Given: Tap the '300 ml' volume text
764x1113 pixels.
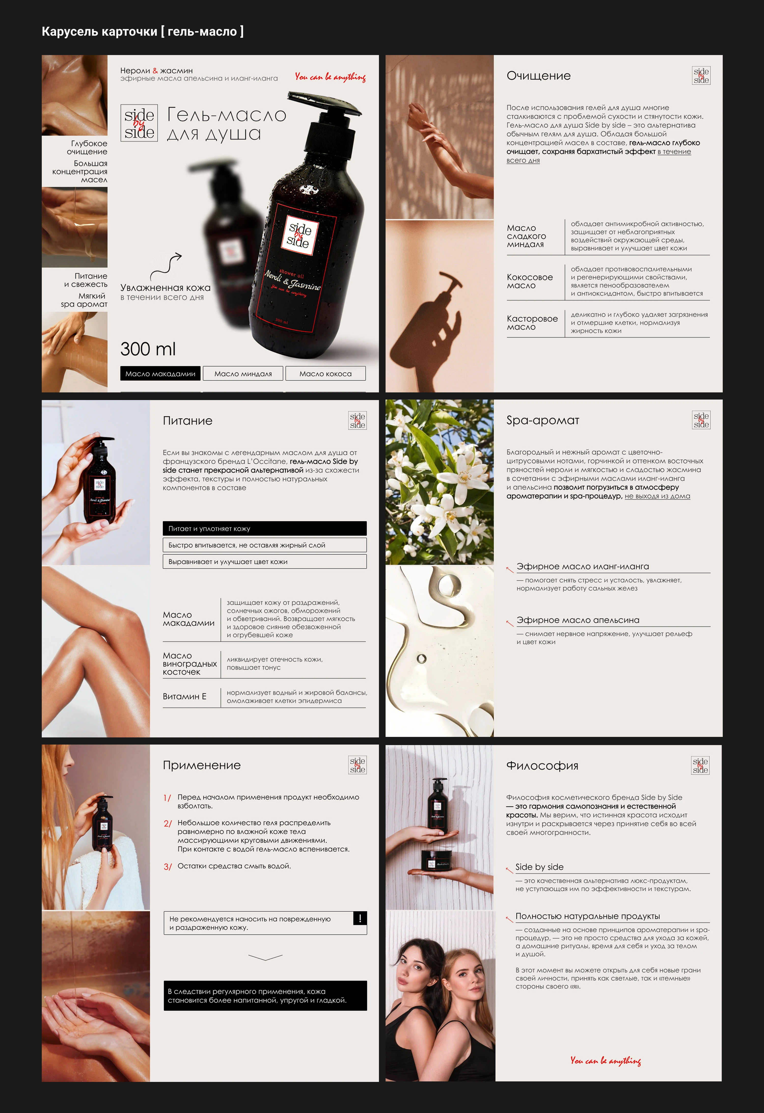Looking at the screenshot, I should [x=148, y=349].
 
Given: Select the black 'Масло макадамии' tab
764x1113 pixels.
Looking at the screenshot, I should [x=160, y=374].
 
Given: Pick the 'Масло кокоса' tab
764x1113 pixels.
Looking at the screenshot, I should [x=325, y=374].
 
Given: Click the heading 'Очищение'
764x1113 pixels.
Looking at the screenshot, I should [x=539, y=76].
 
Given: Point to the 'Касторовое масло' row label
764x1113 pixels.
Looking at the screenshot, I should [x=532, y=323].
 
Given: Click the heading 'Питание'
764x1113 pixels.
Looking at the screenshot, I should [x=187, y=420].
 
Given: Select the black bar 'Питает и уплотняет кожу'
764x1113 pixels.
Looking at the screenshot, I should [x=264, y=528].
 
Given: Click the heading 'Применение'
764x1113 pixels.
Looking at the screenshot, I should [x=201, y=765].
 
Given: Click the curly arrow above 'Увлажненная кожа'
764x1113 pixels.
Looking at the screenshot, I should [x=166, y=266].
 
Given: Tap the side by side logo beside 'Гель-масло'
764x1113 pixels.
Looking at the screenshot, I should [x=139, y=123].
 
